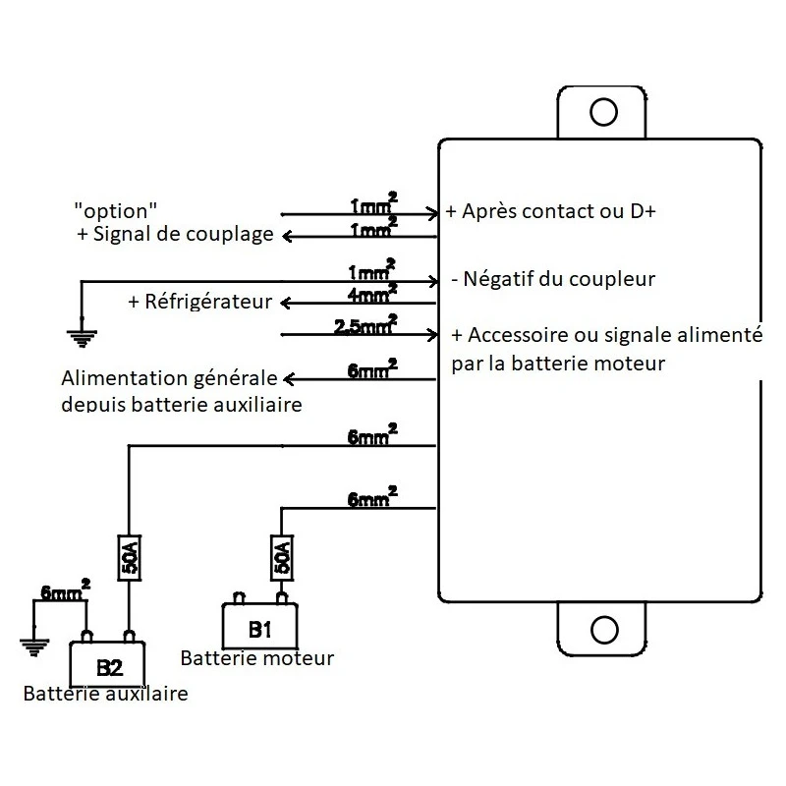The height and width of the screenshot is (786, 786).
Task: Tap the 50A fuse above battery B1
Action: [x=281, y=558]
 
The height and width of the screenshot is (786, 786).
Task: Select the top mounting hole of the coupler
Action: [x=601, y=111]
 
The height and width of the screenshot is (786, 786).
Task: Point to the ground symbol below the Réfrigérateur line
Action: [x=82, y=337]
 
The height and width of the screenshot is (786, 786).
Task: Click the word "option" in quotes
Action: [x=116, y=209]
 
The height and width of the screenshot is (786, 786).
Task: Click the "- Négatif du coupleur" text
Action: [x=553, y=279]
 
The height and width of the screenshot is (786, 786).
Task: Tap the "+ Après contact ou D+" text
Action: [x=552, y=212]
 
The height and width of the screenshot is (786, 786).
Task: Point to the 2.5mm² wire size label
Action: [x=365, y=325]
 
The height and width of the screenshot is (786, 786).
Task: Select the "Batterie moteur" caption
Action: [x=257, y=658]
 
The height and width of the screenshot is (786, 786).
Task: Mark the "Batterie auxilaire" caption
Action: [x=105, y=695]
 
